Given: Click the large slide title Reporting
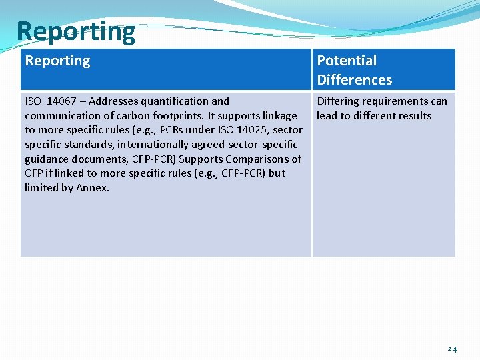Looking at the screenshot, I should click(x=75, y=31).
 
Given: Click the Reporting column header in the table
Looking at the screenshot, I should click(x=57, y=61).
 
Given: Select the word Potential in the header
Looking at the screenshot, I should click(x=347, y=61).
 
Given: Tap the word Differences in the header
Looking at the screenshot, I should click(x=354, y=80).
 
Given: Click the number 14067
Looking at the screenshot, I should click(x=63, y=101).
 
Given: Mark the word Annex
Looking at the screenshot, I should click(x=93, y=188).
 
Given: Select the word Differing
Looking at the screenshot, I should click(x=337, y=101).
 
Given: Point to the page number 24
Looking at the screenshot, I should click(x=452, y=349).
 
